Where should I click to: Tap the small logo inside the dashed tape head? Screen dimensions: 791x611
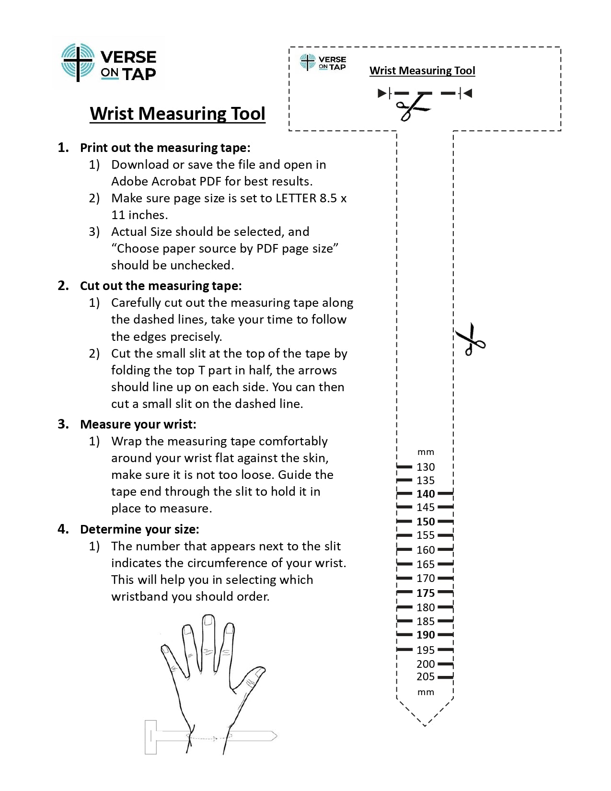click(x=323, y=62)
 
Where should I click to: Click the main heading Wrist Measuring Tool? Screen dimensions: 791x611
click(x=177, y=114)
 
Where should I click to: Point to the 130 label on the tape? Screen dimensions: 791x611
click(x=426, y=467)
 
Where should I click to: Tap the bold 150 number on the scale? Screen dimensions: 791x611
click(x=426, y=522)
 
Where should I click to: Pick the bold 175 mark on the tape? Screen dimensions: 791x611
click(x=426, y=593)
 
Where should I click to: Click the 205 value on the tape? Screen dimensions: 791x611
click(x=426, y=677)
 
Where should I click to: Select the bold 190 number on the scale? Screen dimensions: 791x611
click(x=426, y=635)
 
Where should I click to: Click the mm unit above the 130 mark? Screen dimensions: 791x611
click(x=426, y=452)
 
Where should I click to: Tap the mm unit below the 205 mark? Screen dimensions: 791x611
click(x=426, y=692)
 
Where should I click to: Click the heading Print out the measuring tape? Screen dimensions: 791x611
click(x=165, y=148)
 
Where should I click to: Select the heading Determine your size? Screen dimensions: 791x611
click(x=139, y=529)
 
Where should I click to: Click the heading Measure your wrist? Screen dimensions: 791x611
click(x=138, y=424)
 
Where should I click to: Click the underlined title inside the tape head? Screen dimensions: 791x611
click(x=422, y=71)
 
